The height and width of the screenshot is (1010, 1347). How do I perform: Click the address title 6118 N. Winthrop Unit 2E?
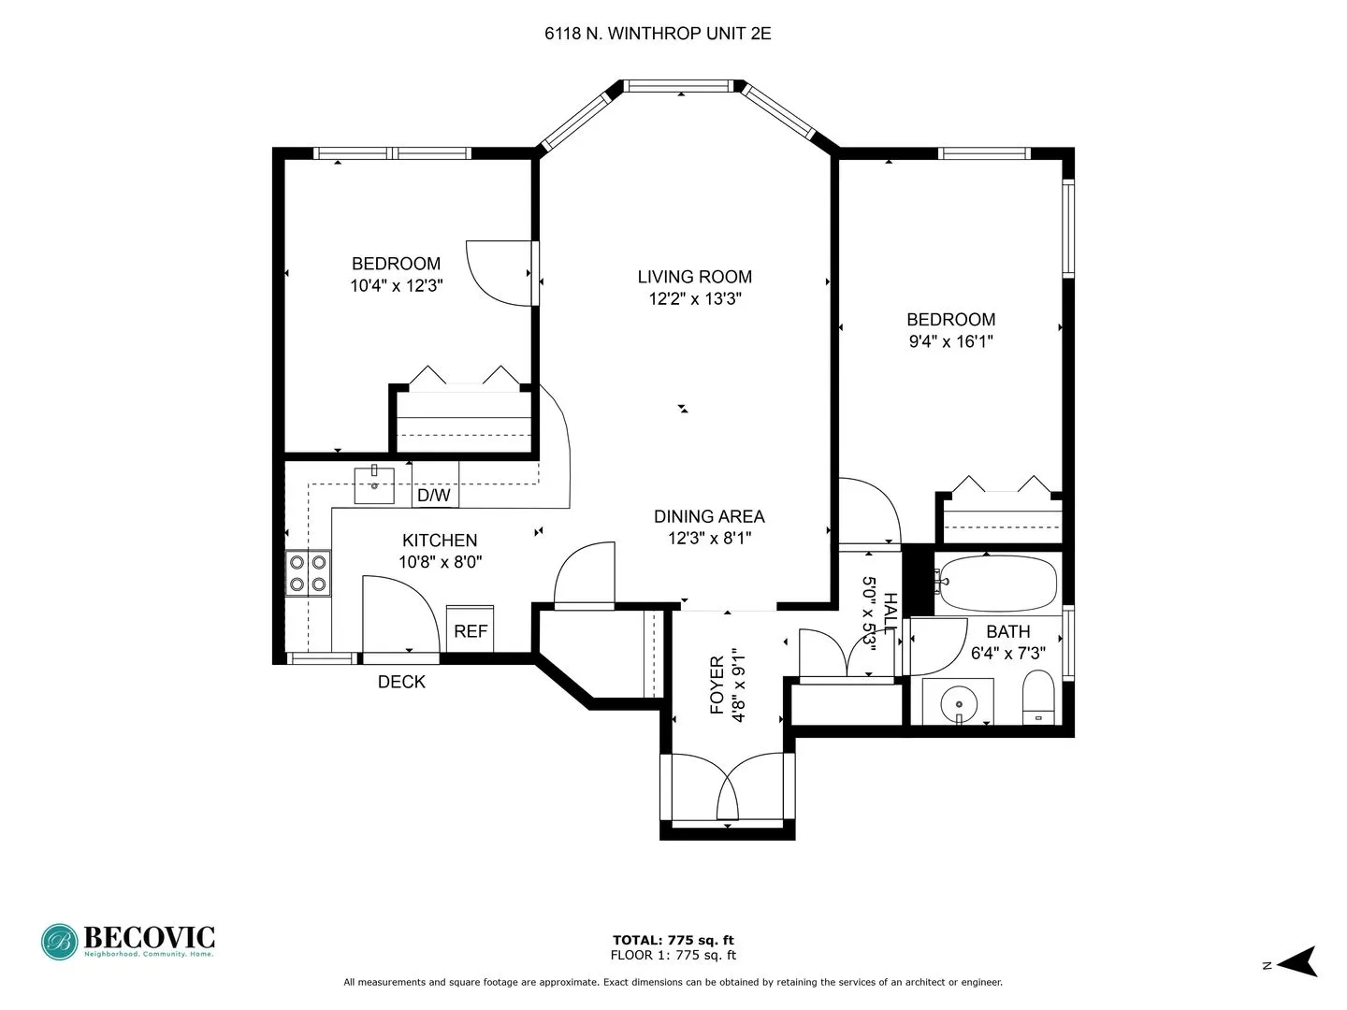point(658,34)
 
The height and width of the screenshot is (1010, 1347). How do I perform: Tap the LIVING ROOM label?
point(694,277)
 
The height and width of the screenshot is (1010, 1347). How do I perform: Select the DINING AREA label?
point(708,516)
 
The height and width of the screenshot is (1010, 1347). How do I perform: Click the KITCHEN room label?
point(440,541)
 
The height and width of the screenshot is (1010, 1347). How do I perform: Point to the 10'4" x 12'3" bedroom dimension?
point(396,286)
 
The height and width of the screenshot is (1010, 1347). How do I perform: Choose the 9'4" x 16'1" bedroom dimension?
point(950,342)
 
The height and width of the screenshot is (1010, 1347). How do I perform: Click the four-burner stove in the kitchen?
point(308,573)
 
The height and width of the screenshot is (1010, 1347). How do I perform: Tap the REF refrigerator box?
point(471,631)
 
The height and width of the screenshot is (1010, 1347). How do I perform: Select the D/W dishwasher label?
point(433,496)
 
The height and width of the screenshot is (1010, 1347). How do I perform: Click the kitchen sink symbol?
point(374,483)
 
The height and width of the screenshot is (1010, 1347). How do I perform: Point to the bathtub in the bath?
point(997,584)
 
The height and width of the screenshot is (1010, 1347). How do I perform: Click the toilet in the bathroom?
point(1037,698)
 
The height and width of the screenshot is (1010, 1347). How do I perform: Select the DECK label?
point(401,683)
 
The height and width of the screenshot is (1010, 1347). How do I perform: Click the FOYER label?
point(717,685)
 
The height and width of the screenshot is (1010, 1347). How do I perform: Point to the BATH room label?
point(1007,632)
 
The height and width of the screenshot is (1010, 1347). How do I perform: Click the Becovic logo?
point(128,941)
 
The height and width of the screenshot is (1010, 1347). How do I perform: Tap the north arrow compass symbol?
point(1297,961)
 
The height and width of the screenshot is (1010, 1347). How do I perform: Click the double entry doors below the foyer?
point(728,790)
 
